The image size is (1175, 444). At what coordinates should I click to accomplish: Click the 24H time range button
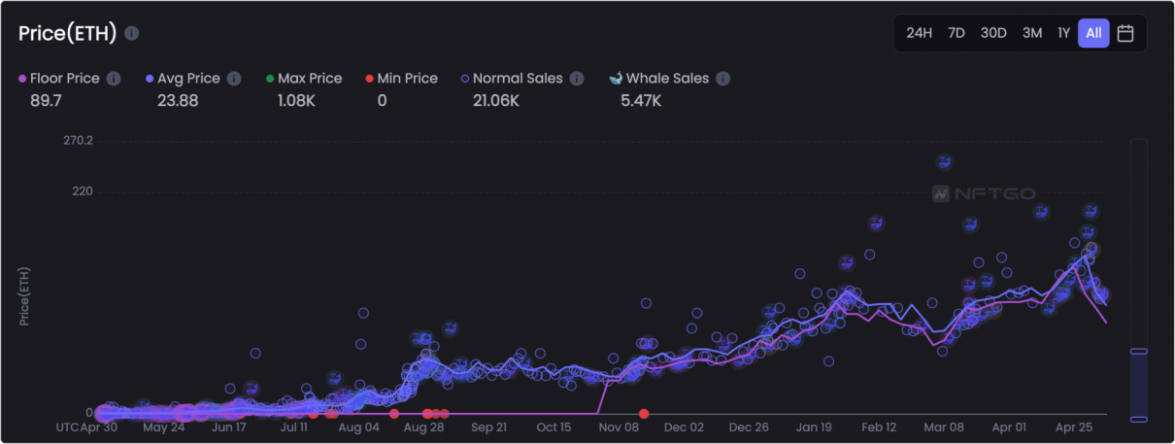coord(919,33)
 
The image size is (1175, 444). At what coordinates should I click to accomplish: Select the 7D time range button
coord(956,33)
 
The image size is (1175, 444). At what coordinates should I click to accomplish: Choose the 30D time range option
coord(993,33)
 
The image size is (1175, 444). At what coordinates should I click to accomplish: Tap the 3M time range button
coord(1031,33)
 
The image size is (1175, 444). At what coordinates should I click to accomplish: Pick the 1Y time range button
coord(1063,33)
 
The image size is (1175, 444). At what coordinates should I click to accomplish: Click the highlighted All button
coord(1093,33)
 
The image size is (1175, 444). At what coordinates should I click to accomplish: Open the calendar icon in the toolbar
coord(1125,33)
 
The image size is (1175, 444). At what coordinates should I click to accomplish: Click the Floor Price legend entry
coord(64,78)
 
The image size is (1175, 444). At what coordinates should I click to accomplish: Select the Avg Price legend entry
coord(188,78)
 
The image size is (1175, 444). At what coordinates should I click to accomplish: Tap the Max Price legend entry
coord(309,78)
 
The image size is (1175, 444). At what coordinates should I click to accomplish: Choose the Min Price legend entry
coord(407,78)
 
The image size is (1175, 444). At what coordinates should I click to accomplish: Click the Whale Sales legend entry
coord(665,78)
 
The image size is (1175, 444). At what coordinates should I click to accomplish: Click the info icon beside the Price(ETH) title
coord(132,33)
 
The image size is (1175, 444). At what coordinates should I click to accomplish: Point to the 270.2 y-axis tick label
coord(77,141)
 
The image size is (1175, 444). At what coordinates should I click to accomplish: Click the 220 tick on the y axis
coord(82,191)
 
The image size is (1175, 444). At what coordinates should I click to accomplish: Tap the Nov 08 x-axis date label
coord(619,427)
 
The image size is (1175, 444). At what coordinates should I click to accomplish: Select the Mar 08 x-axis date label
coord(944,427)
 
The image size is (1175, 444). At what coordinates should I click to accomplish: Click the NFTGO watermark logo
coord(983,193)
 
